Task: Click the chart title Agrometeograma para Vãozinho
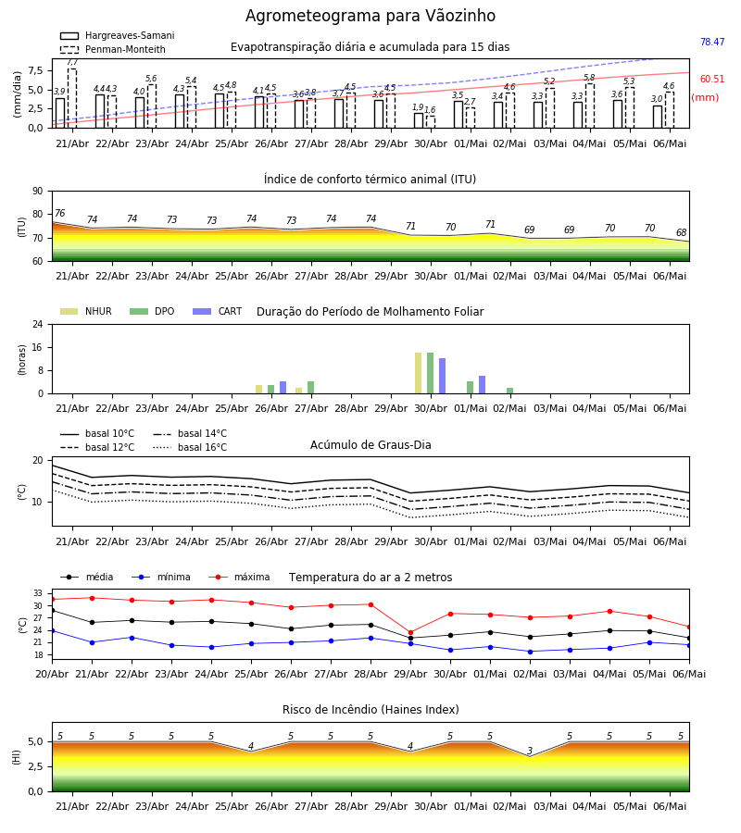click(370, 16)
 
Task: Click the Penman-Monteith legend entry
click(113, 49)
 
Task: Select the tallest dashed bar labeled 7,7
click(72, 98)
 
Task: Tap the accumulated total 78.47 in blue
click(712, 42)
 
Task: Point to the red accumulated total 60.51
click(712, 80)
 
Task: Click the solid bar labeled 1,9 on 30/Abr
click(419, 120)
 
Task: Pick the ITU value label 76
click(59, 213)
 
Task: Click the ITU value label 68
click(681, 232)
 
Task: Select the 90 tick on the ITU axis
click(38, 192)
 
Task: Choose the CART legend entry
click(218, 311)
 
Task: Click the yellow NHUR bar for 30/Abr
click(419, 373)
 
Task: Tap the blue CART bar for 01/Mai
click(483, 385)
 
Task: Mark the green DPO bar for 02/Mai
click(509, 391)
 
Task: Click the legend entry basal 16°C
click(190, 448)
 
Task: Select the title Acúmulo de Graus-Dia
click(370, 445)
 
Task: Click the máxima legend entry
click(239, 577)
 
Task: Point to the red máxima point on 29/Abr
click(411, 633)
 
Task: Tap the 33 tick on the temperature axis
click(38, 593)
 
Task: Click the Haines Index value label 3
click(530, 751)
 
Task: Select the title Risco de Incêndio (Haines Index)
click(370, 710)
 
